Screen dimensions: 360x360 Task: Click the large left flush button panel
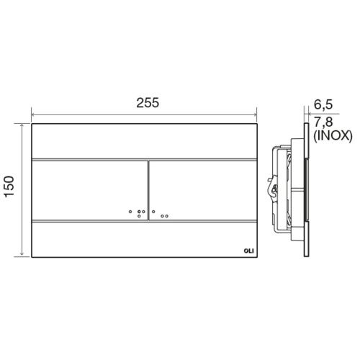(89, 189)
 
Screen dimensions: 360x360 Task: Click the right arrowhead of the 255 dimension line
(258, 113)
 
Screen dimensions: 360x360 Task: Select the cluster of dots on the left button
(135, 212)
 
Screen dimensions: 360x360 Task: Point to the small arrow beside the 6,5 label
(306, 114)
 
